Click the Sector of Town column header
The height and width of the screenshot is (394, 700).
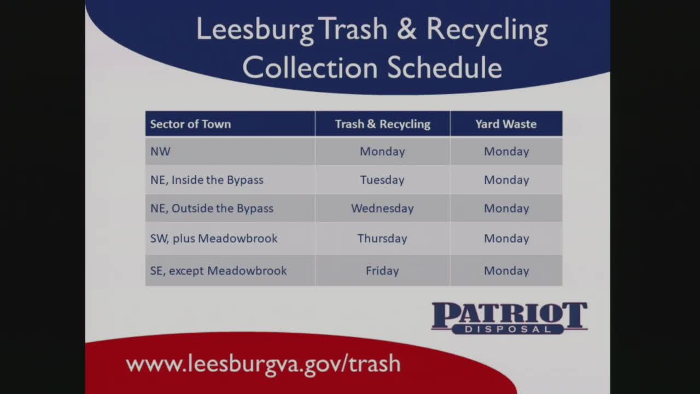pyautogui.click(x=190, y=124)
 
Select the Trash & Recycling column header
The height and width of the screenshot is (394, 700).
pyautogui.click(x=382, y=124)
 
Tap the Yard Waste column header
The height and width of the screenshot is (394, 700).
pyautogui.click(x=506, y=124)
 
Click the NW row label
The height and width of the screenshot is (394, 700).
pyautogui.click(x=160, y=152)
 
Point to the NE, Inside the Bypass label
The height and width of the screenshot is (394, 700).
pyautogui.click(x=207, y=180)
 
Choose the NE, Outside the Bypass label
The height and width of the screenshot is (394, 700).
pyautogui.click(x=212, y=208)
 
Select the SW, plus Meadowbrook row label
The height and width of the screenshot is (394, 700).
pyautogui.click(x=214, y=239)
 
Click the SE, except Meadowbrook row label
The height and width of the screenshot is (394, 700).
pyautogui.click(x=218, y=271)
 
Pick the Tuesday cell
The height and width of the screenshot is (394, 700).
pyautogui.click(x=382, y=180)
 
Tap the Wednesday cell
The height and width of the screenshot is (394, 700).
pyautogui.click(x=382, y=208)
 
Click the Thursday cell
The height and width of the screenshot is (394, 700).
pyautogui.click(x=382, y=239)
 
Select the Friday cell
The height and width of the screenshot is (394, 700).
pyautogui.click(x=382, y=271)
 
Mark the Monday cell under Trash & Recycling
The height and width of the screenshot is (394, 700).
pyautogui.click(x=382, y=152)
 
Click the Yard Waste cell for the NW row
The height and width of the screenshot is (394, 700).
pyautogui.click(x=506, y=152)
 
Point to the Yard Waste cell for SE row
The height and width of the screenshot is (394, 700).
pyautogui.click(x=506, y=271)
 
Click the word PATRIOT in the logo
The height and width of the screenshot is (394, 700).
pyautogui.click(x=509, y=315)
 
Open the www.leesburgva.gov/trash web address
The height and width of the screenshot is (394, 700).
pyautogui.click(x=263, y=364)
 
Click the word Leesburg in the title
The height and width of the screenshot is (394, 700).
pyautogui.click(x=255, y=30)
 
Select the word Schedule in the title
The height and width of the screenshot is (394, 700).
pyautogui.click(x=444, y=68)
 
